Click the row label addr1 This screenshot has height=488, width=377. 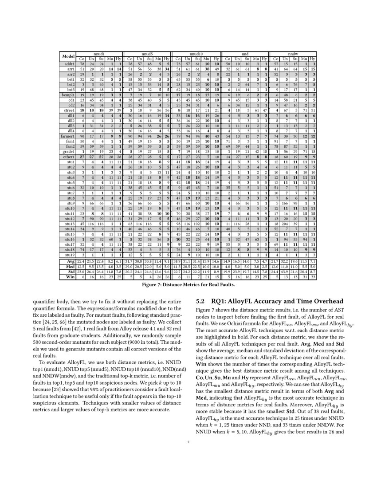[68, 64]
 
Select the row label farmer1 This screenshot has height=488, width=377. [68, 136]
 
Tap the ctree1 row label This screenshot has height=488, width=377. [68, 109]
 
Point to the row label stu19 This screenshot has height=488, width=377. [68, 255]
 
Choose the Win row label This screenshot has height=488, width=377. [68, 277]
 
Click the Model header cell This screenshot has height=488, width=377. [68, 56]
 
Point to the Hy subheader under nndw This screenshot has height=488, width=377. [313, 59]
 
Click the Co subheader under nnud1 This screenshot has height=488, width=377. [82, 59]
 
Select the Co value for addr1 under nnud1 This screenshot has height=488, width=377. [82, 64]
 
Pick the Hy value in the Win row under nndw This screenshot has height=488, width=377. [313, 277]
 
